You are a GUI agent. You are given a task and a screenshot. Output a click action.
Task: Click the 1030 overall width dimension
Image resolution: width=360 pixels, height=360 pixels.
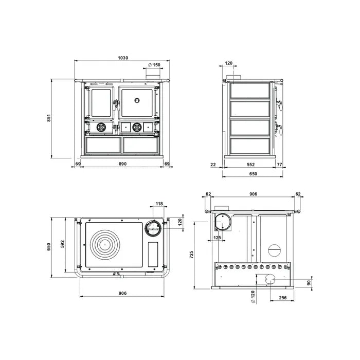[x=123, y=58]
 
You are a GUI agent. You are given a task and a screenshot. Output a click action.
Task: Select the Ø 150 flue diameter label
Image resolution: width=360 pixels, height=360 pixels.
[x=154, y=65]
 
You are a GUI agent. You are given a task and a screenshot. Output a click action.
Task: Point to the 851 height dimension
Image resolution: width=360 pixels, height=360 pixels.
[x=49, y=118]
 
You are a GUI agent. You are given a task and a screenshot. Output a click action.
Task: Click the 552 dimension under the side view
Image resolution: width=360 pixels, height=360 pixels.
[x=250, y=165]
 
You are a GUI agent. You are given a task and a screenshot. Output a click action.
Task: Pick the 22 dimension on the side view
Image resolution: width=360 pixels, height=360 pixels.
[x=213, y=165]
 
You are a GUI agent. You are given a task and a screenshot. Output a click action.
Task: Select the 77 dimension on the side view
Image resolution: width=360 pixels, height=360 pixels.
[x=280, y=165]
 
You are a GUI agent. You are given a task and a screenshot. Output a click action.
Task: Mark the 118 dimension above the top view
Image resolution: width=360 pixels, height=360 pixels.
[x=159, y=204]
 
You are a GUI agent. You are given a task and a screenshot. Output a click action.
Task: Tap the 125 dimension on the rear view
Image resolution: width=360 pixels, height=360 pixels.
[x=217, y=238]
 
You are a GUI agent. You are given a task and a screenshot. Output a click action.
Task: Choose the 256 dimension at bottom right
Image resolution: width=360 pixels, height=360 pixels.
[x=282, y=297]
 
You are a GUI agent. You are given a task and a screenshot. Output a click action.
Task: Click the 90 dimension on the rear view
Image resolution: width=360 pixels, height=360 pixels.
[x=308, y=282]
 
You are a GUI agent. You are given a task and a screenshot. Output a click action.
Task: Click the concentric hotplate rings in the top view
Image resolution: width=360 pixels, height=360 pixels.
[x=107, y=246]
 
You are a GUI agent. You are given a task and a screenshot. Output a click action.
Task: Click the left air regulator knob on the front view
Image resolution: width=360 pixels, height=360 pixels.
[x=101, y=127]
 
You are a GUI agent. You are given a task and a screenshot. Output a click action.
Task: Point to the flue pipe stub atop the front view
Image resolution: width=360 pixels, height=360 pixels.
[x=153, y=76]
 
